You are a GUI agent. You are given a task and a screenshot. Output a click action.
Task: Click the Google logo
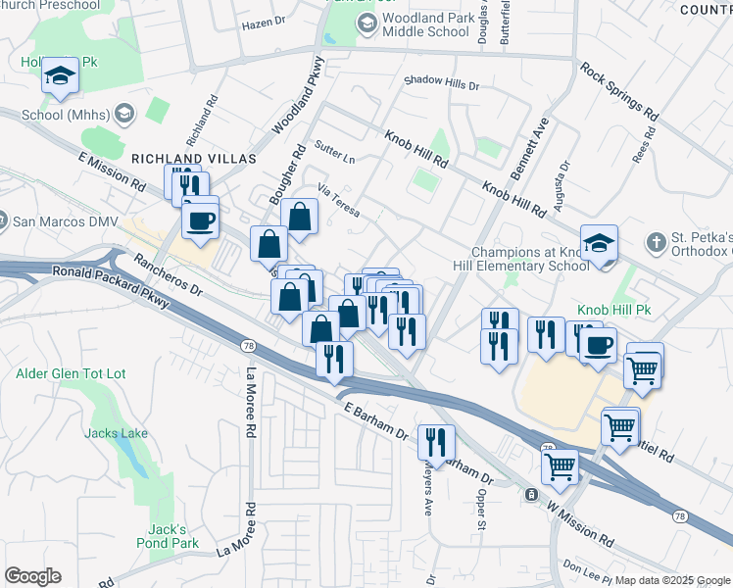tap(32, 575)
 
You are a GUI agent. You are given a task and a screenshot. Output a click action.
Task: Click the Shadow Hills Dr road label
tap(441, 84)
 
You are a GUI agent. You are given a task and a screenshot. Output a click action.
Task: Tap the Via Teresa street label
tap(338, 202)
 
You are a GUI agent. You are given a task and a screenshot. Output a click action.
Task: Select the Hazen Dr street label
tap(262, 22)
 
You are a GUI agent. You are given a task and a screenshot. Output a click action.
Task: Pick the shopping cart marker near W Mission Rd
tap(560, 465)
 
